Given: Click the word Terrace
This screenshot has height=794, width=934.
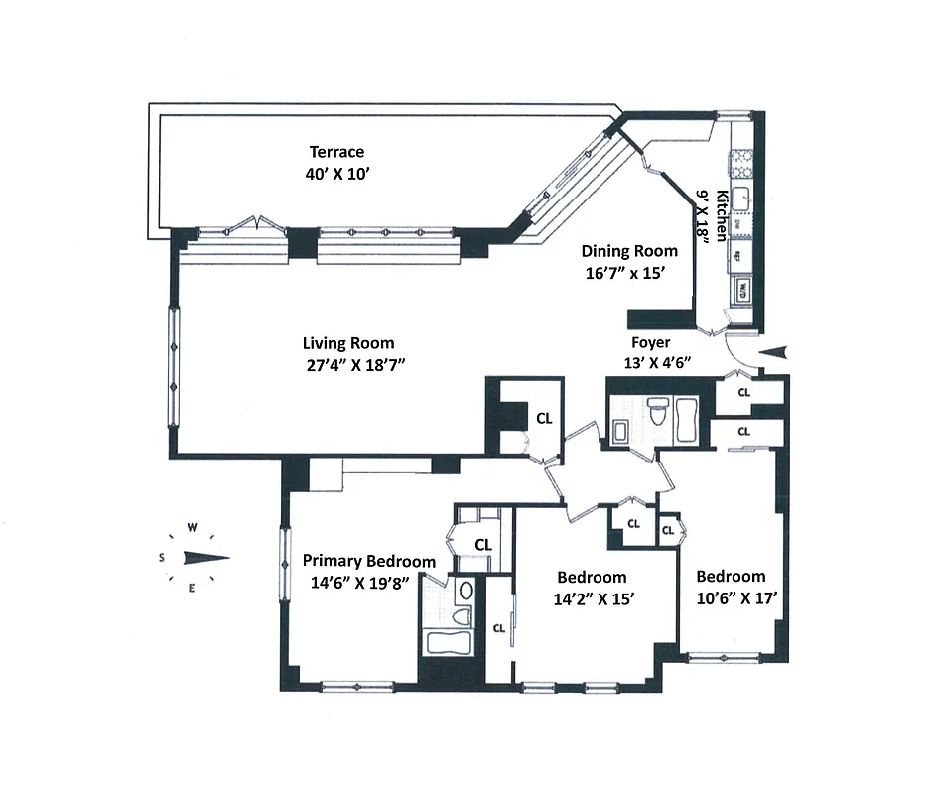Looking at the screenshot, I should tap(336, 152).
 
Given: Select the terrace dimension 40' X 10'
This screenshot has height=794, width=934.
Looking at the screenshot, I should tap(336, 173).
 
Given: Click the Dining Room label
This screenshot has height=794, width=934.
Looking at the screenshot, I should tap(629, 251).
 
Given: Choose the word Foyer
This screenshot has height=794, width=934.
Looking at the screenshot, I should tap(651, 343).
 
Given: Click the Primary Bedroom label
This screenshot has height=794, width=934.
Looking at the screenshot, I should tap(368, 560).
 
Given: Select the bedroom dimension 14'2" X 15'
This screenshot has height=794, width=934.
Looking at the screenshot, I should tap(592, 598).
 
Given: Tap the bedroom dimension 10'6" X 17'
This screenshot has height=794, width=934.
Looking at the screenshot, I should tap(731, 597).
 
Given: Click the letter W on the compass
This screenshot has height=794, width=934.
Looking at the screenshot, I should tap(195, 527).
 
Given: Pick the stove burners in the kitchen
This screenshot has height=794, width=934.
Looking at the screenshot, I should tap(739, 158).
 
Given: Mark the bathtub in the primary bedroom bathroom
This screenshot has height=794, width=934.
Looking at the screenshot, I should tap(452, 641).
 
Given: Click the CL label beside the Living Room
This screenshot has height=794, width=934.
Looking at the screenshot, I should tap(544, 418).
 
